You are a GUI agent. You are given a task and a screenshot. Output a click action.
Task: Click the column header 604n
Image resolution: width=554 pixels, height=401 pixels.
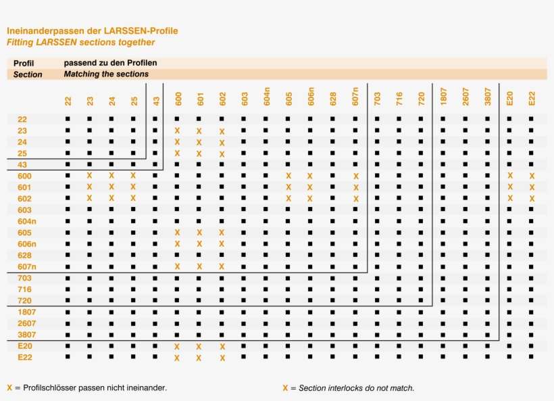pos(267,97)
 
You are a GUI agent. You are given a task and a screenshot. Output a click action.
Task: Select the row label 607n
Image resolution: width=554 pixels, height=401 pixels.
pos(27,266)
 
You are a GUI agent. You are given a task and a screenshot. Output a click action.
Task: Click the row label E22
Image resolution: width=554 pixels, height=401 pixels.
pos(25,357)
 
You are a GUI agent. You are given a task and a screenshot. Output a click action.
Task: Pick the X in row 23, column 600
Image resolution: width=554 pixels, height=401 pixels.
pos(177,131)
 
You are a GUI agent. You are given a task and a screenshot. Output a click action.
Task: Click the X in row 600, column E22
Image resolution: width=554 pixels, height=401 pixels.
pos(532,176)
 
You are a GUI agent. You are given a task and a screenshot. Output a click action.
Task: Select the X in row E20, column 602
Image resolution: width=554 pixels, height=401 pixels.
pos(222,347)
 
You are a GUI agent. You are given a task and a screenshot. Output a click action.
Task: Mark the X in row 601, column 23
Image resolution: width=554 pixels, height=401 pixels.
pos(89,187)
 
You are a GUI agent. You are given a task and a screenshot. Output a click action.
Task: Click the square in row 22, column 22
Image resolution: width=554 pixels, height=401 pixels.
pos(68,119)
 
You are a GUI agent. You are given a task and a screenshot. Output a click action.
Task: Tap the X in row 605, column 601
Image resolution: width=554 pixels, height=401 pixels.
pos(199,233)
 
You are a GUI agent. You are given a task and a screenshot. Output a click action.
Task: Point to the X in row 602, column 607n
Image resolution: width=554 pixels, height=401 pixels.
pos(355,199)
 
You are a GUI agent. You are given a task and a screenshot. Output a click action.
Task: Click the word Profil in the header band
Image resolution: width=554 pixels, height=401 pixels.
pos(24,64)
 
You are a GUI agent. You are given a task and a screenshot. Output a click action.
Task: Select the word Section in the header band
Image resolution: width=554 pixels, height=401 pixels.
pos(28,74)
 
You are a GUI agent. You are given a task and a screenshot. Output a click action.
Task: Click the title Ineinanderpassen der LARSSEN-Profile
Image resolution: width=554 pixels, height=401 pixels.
pos(93,31)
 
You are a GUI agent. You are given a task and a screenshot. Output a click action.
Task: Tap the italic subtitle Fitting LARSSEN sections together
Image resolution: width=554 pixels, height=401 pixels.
pos(80,42)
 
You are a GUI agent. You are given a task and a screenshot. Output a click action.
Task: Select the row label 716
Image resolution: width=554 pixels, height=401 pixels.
pos(24,289)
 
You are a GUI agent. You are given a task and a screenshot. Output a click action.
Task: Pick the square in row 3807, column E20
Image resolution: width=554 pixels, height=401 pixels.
pos(509,335)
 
